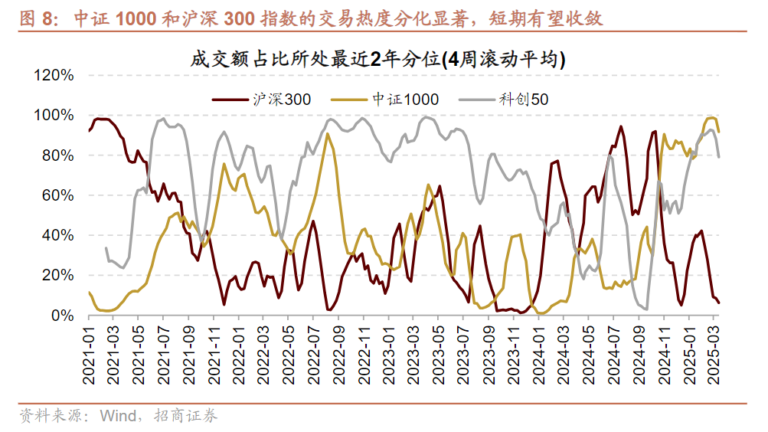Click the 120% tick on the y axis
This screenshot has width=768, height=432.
[53, 75]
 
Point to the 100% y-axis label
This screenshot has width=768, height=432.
[53, 115]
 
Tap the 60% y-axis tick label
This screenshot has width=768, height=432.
[57, 195]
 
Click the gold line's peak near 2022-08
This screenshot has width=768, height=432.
[328, 134]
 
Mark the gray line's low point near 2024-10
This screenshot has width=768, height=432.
[646, 309]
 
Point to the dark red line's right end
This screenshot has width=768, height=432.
[719, 303]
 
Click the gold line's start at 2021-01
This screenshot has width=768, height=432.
[90, 292]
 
